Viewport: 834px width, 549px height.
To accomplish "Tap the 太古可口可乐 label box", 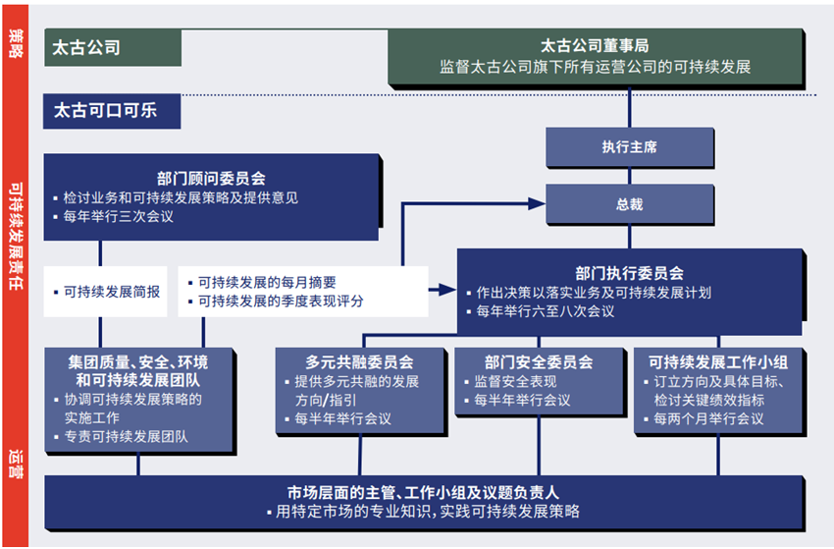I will pos(113,110).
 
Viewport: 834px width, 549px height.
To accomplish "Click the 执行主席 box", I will pos(629,147).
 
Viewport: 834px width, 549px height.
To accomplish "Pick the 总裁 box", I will pos(629,204).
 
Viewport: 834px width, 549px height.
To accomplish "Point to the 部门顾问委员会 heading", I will pos(211,179).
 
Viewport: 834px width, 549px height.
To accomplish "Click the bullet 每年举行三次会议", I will pos(119,216).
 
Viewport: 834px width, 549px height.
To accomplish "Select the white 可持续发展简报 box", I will pos(109,292).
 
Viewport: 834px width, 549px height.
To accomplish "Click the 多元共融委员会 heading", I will pos(359,362).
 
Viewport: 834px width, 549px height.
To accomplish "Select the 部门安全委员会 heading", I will pos(538,362).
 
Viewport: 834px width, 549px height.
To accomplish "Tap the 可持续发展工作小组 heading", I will pos(718,362).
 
